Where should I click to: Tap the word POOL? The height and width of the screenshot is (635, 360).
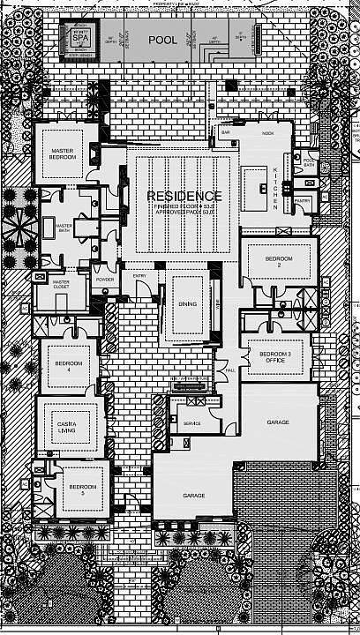[162, 40]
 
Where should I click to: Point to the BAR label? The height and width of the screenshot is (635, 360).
[225, 133]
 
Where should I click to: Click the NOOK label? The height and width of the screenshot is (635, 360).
[267, 133]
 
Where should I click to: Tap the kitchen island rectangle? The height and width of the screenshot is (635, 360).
[255, 183]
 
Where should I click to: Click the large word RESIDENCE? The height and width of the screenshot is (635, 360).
[184, 195]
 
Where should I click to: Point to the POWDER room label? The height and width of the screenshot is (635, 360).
[104, 280]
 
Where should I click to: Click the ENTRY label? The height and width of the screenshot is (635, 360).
[140, 277]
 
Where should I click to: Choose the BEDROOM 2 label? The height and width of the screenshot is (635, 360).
[279, 260]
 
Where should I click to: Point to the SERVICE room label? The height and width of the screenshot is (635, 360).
[191, 423]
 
